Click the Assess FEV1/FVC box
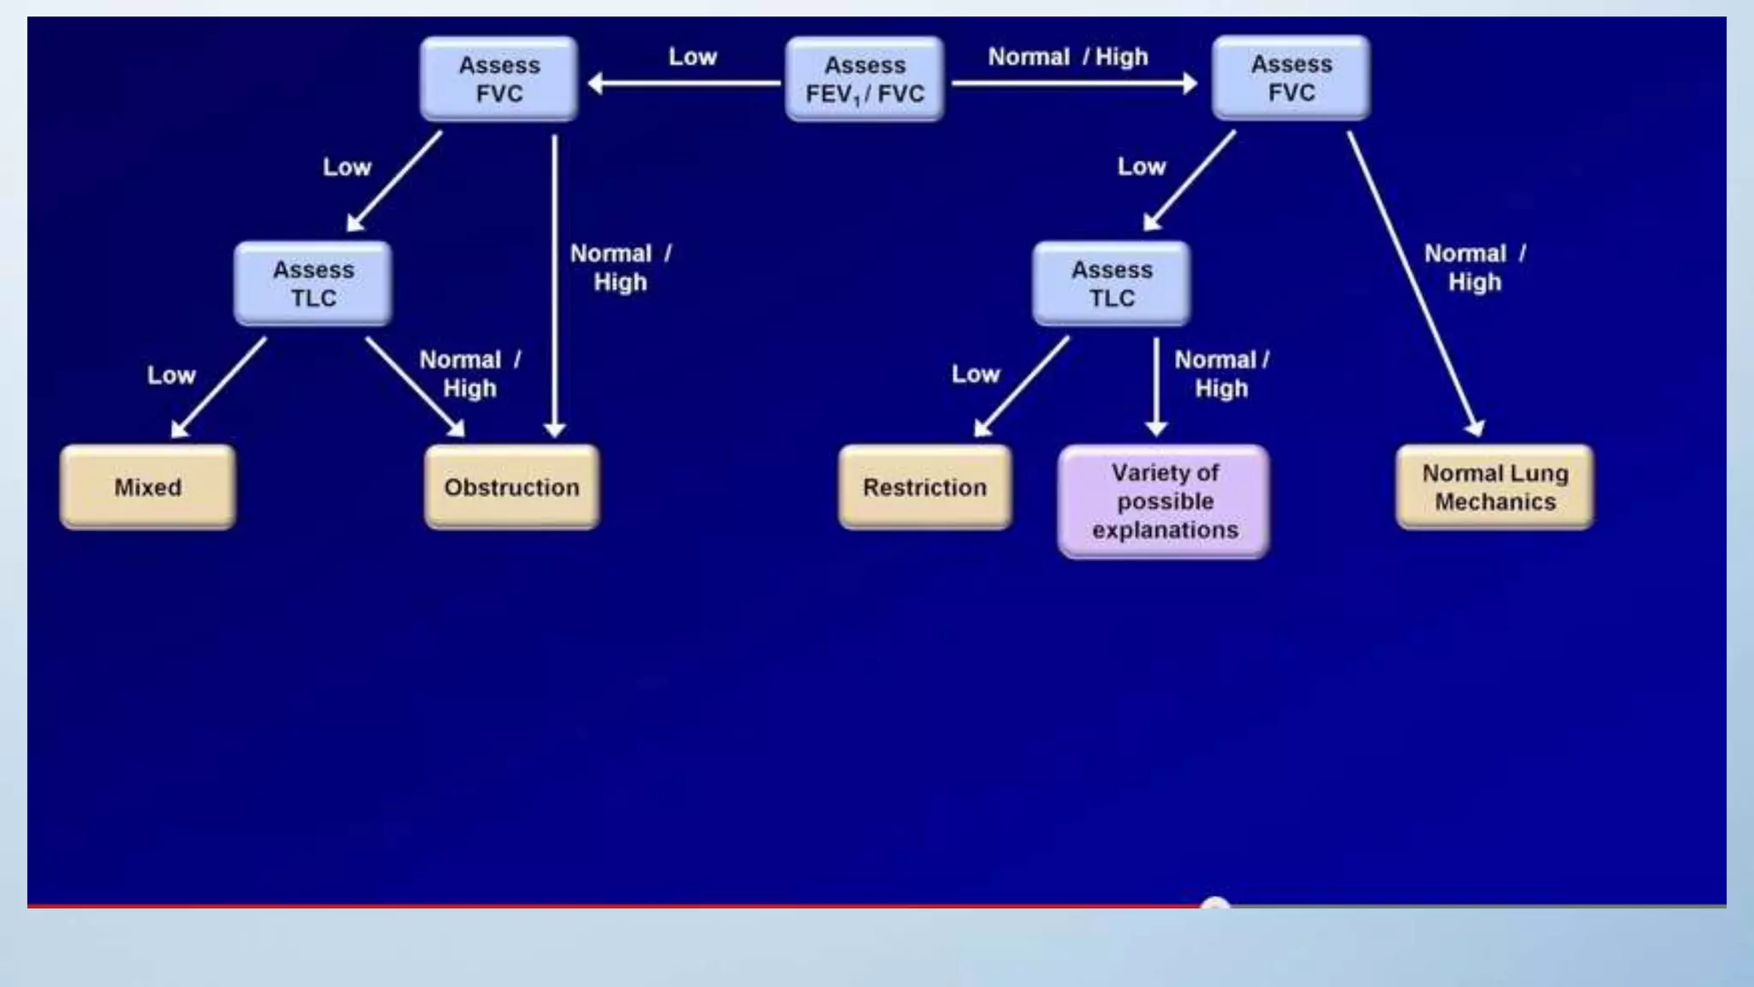coord(864,79)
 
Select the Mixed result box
coord(147,487)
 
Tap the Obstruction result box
coord(511,487)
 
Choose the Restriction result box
coord(925,487)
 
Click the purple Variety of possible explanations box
coord(1164,501)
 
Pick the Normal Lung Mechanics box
coord(1494,487)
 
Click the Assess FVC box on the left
coord(499,79)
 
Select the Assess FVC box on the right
coord(1291,78)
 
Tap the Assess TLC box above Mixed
coord(313,284)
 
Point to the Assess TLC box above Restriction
coord(1112,284)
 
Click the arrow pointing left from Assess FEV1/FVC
coord(685,83)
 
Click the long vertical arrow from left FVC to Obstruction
coord(555,283)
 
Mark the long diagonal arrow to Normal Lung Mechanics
coord(1413,283)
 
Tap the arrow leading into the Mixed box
coord(219,386)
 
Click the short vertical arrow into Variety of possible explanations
coord(1156,386)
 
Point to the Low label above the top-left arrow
coord(692,57)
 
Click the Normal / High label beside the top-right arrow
coord(1067,57)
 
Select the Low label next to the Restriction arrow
coord(975,374)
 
